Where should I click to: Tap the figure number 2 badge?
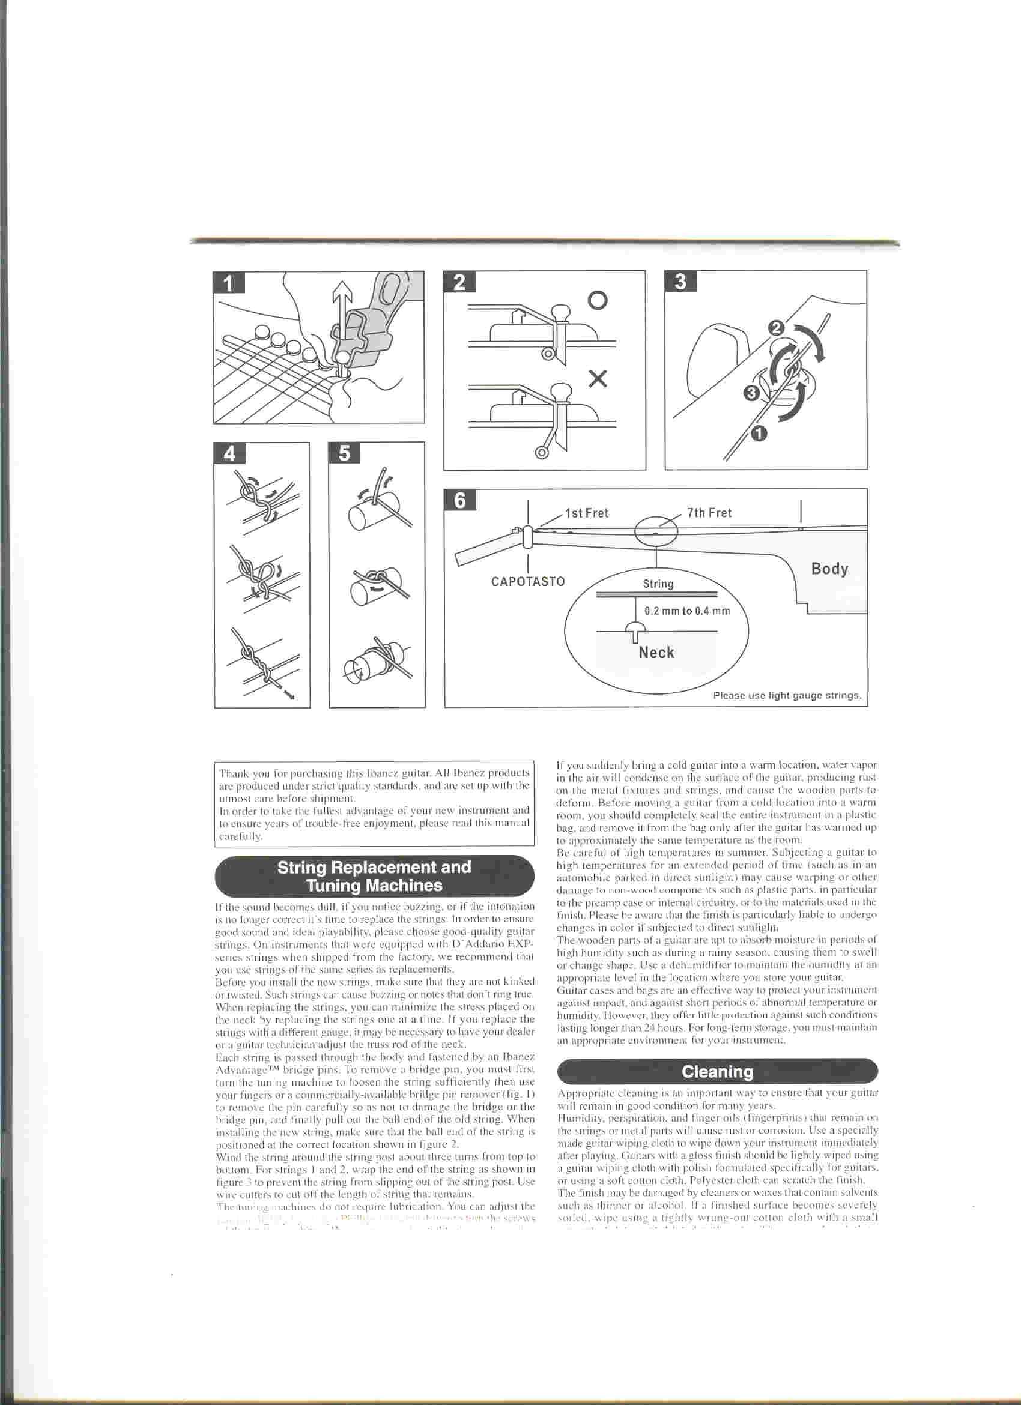click(x=459, y=281)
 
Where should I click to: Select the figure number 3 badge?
click(x=680, y=281)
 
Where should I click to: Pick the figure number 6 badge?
click(x=460, y=500)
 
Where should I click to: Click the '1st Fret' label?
click(x=587, y=513)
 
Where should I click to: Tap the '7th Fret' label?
click(x=709, y=513)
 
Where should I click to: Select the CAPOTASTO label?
click(x=528, y=582)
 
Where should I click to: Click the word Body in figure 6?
click(x=829, y=569)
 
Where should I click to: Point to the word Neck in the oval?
click(x=656, y=652)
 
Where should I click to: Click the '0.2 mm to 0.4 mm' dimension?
click(x=687, y=611)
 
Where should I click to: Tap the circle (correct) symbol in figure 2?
click(x=597, y=300)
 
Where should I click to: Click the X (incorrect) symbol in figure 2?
click(x=597, y=378)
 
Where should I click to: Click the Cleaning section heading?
click(x=718, y=1072)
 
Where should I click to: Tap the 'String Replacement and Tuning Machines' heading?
click(x=374, y=876)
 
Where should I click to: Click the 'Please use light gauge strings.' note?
click(x=787, y=695)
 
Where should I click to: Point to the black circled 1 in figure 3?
click(x=759, y=434)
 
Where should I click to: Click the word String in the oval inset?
click(x=658, y=584)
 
